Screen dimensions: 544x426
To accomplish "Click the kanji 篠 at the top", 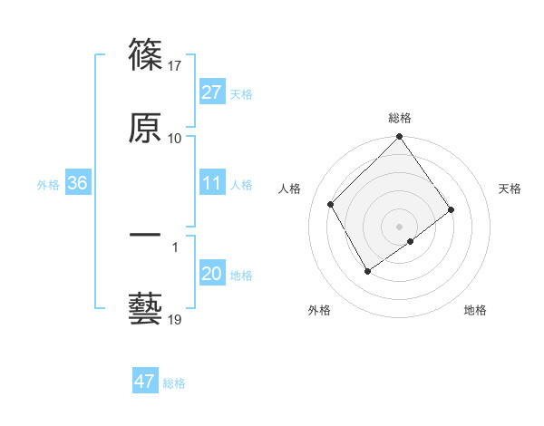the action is pyautogui.click(x=145, y=56).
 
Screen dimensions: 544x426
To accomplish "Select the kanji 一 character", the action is pyautogui.click(x=145, y=236).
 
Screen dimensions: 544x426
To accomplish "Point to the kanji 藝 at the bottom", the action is pyautogui.click(x=145, y=308).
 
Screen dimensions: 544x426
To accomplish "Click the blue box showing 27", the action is pyautogui.click(x=212, y=92).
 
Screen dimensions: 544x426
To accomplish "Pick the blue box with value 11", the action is pyautogui.click(x=212, y=183).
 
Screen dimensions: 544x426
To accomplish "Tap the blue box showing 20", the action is pyautogui.click(x=212, y=274).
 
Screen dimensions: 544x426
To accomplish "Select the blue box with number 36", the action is pyautogui.click(x=78, y=183).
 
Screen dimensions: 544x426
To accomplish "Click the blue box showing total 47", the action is pyautogui.click(x=145, y=382).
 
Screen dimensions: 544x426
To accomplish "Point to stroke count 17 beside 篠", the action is pyautogui.click(x=176, y=65).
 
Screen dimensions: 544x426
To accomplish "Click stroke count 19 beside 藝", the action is pyautogui.click(x=176, y=319).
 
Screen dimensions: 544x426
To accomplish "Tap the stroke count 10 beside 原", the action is pyautogui.click(x=175, y=138).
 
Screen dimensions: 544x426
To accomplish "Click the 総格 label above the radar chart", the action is pyautogui.click(x=400, y=118).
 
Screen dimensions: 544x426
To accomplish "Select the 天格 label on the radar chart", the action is pyautogui.click(x=510, y=189).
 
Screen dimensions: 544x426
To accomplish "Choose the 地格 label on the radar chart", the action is pyautogui.click(x=475, y=310).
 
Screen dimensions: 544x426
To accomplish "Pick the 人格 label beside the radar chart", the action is pyautogui.click(x=289, y=189).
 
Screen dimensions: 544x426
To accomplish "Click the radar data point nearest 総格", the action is pyautogui.click(x=399, y=138).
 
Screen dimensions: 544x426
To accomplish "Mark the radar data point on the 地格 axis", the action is pyautogui.click(x=412, y=241).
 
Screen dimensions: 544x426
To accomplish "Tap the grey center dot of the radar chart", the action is pyautogui.click(x=399, y=226).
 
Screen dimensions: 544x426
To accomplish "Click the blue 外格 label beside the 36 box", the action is pyautogui.click(x=48, y=184).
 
